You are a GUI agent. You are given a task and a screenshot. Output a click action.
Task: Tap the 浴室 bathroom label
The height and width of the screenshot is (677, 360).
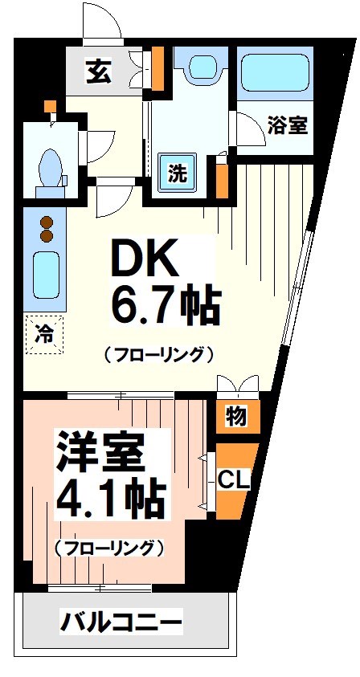(x=288, y=126)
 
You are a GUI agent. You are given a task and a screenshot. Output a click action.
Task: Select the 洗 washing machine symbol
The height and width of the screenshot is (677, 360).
(x=177, y=170)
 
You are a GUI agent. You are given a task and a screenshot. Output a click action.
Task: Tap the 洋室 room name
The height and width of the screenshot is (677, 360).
(x=99, y=452)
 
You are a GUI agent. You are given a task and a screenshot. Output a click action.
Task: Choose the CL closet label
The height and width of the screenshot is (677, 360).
(x=235, y=479)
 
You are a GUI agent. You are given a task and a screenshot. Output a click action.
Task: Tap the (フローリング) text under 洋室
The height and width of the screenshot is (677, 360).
(x=109, y=549)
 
